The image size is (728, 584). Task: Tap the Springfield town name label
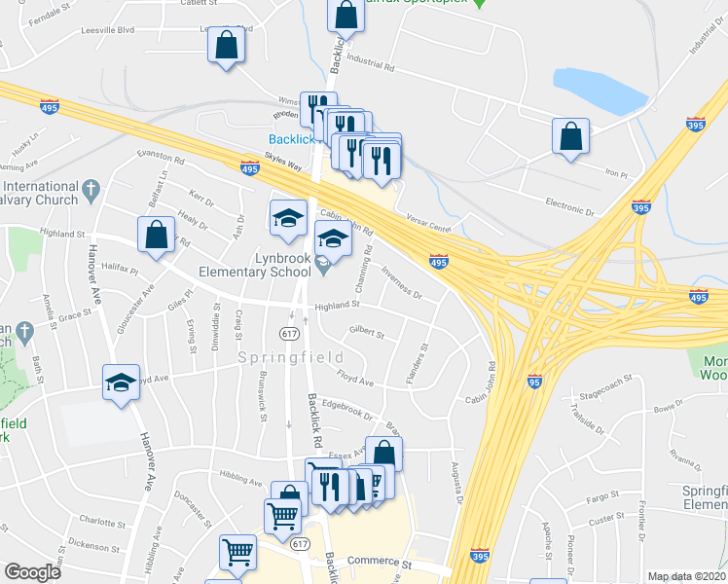[x=275, y=358]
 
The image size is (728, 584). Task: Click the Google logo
[x=33, y=572]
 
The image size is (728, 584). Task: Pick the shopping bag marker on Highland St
[x=157, y=234]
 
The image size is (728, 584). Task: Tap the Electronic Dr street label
[x=568, y=207]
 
